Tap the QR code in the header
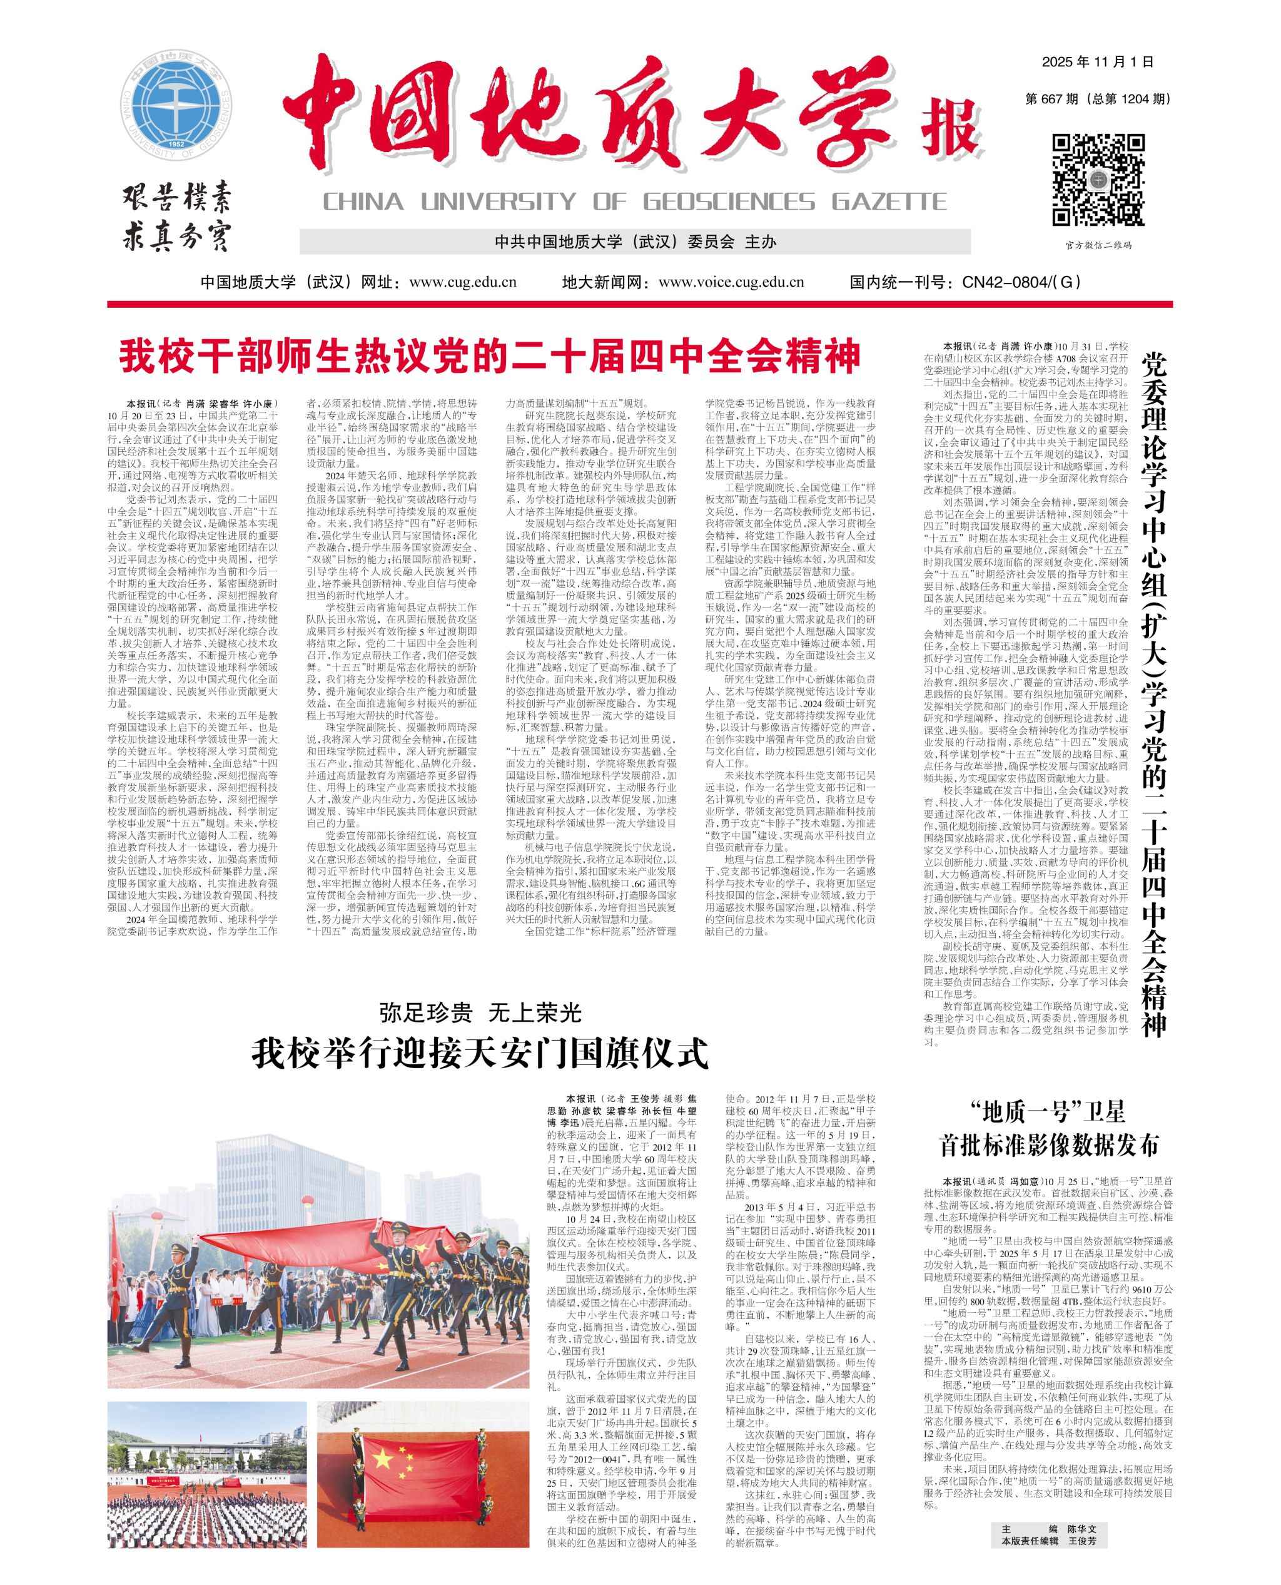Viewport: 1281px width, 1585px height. click(1098, 180)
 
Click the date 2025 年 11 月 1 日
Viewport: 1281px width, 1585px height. click(1097, 62)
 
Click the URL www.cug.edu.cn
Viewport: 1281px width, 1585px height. click(462, 282)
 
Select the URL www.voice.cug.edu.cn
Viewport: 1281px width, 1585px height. click(730, 282)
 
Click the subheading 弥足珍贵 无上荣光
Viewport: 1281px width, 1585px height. click(480, 1013)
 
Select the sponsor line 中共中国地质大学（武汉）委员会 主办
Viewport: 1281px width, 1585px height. click(635, 242)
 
